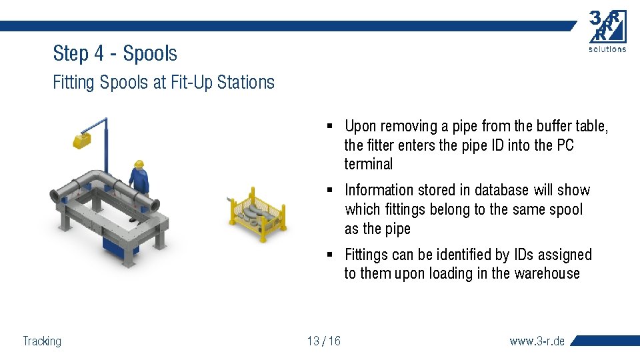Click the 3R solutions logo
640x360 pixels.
click(x=607, y=30)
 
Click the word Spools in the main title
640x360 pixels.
click(x=150, y=53)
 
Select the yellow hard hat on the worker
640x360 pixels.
click(x=139, y=163)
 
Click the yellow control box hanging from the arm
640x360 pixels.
click(x=82, y=141)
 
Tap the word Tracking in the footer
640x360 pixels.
click(x=42, y=341)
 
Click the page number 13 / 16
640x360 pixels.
click(x=324, y=341)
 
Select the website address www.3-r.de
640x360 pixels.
click(x=537, y=341)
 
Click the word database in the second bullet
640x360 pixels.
click(x=497, y=191)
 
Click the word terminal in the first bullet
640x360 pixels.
click(x=369, y=164)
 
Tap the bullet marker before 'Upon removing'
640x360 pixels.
click(x=330, y=126)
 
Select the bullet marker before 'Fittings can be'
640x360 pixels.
click(x=330, y=255)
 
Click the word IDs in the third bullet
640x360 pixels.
click(x=527, y=255)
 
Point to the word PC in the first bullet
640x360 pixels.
click(x=564, y=145)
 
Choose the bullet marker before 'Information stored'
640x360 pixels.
click(x=330, y=191)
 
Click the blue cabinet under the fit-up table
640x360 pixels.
click(x=120, y=243)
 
